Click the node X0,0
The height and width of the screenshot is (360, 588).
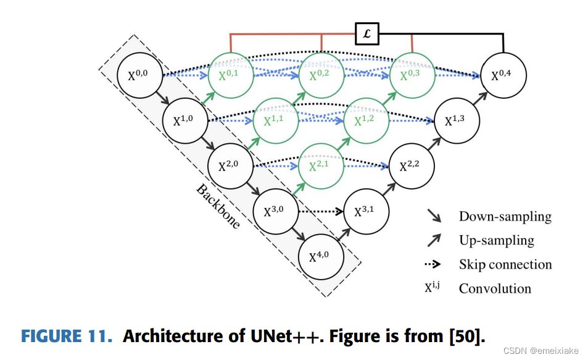(141, 77)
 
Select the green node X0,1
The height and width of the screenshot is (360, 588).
(231, 77)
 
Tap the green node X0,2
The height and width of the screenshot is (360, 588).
(322, 77)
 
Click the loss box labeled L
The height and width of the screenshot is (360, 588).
(367, 34)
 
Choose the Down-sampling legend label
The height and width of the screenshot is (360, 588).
(505, 217)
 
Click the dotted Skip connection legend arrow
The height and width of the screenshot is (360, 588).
(433, 265)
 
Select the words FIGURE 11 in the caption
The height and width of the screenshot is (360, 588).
(67, 337)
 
